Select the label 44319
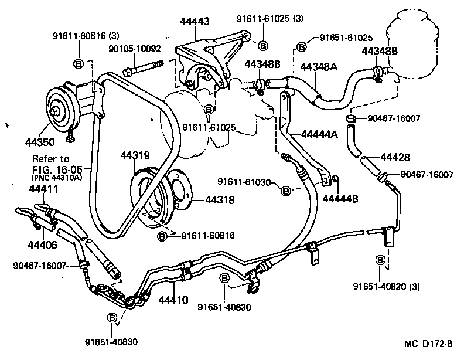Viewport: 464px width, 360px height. (136, 156)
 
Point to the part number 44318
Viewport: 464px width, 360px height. (220, 200)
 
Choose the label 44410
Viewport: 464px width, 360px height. (173, 300)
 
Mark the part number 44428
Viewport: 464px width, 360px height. (395, 158)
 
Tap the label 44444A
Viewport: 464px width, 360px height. (320, 134)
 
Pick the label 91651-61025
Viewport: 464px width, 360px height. (343, 38)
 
